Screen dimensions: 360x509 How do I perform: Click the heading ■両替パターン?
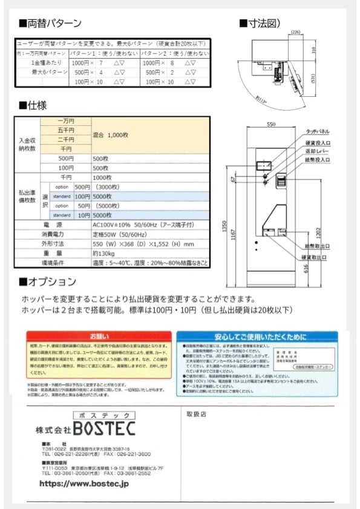point(50,24)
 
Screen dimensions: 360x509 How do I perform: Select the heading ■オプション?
point(48,281)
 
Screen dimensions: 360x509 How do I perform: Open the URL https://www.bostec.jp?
point(84,484)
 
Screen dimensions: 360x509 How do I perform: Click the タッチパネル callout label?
point(318,131)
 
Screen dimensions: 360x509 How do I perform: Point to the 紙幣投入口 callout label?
point(318,160)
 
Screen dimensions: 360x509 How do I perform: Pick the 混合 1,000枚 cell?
point(111,135)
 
